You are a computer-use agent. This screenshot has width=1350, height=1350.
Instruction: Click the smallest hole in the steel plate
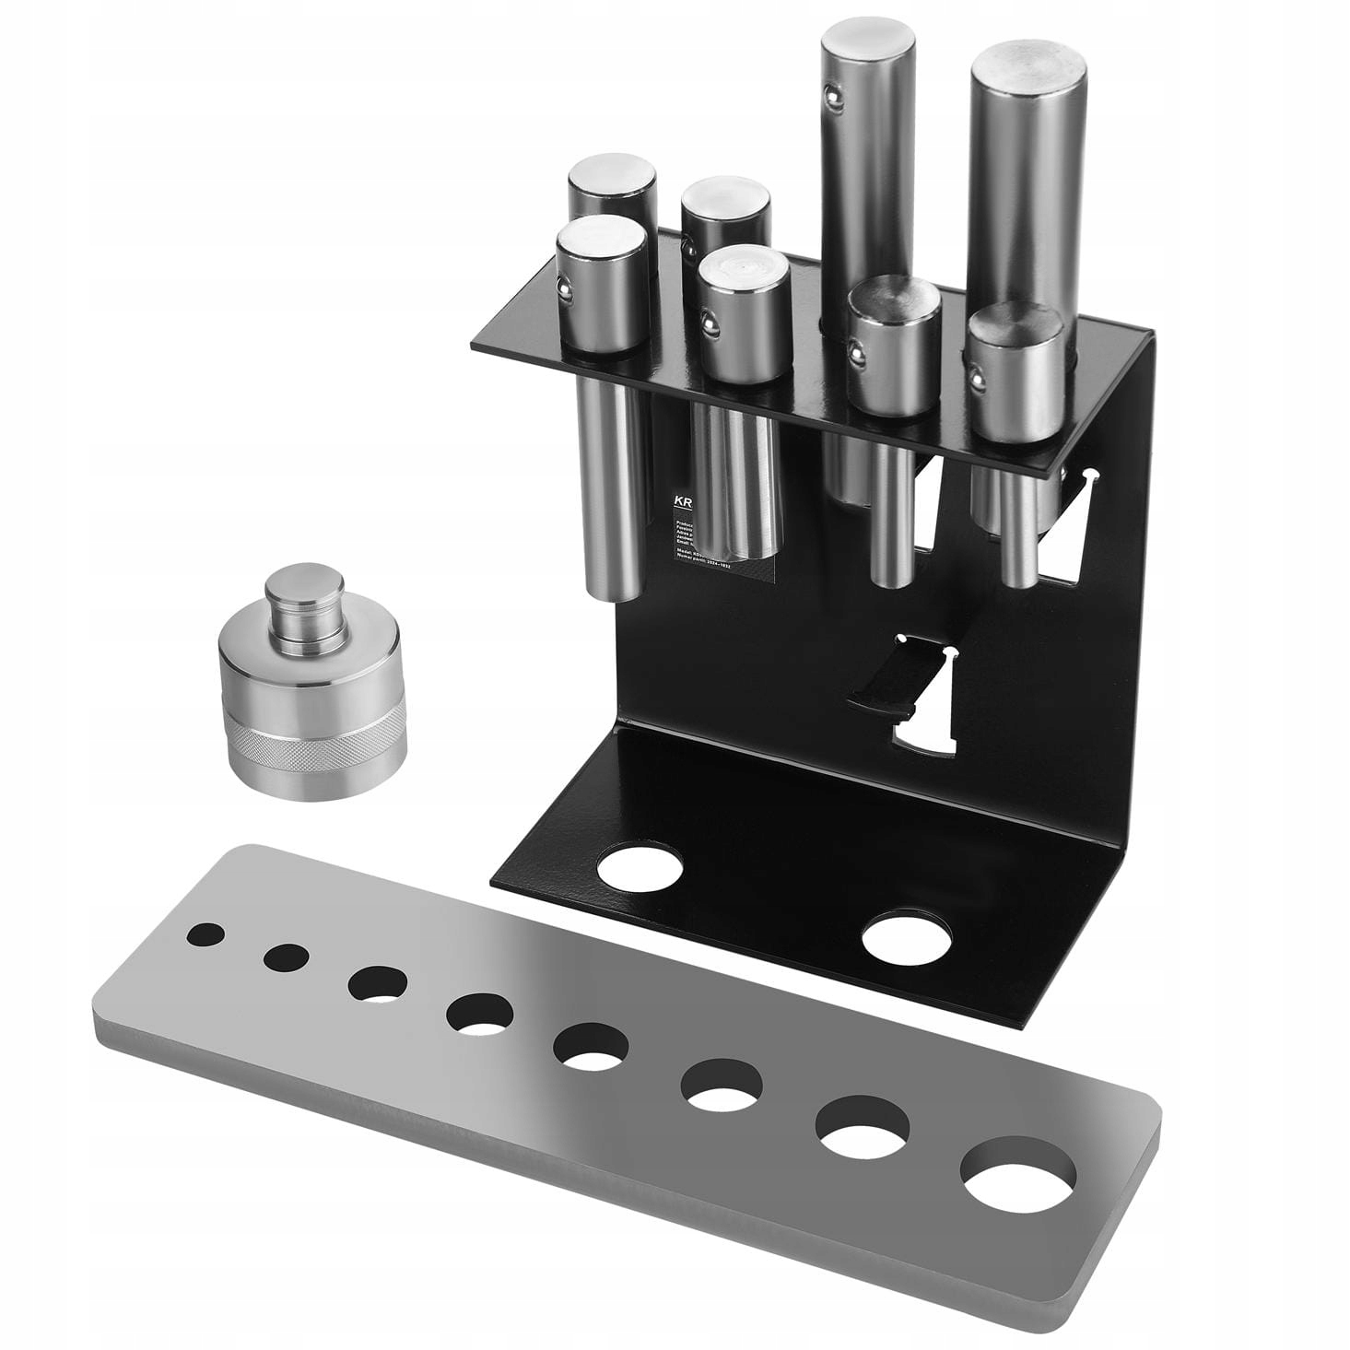coord(205,934)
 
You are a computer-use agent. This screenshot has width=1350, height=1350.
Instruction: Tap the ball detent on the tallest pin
coord(833,93)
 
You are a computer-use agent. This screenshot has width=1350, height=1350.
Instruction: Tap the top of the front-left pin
coord(602,239)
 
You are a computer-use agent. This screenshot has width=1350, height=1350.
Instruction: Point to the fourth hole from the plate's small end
coord(480,1013)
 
